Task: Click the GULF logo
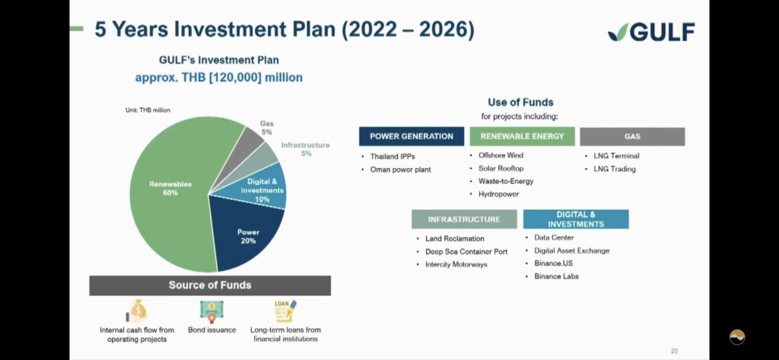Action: [x=651, y=32]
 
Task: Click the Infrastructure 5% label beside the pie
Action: [x=306, y=149]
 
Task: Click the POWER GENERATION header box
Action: [x=412, y=136]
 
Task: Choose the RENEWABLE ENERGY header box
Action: [x=522, y=136]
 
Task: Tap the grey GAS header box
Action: [x=632, y=136]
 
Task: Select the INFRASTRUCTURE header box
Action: [x=464, y=219]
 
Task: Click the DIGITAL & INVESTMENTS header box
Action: [x=576, y=219]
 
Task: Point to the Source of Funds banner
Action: [x=210, y=285]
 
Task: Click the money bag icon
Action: [x=137, y=311]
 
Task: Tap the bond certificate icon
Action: [x=211, y=311]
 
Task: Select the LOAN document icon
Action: [x=285, y=311]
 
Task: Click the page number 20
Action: [x=674, y=351]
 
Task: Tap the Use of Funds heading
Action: [x=520, y=103]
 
